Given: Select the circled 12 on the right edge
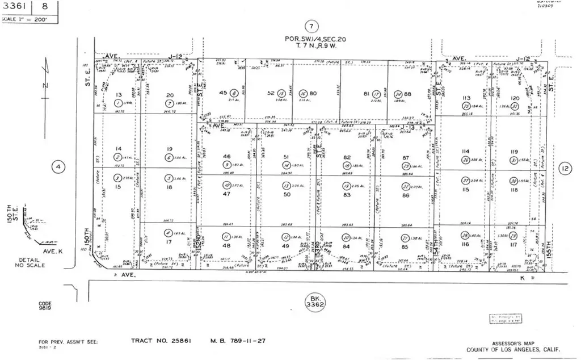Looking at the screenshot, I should (565, 168).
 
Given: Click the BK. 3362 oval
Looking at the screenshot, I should (314, 301).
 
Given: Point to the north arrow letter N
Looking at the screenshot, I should (47, 86).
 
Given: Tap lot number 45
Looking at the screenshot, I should (224, 93).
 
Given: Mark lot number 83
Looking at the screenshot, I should (346, 194).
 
